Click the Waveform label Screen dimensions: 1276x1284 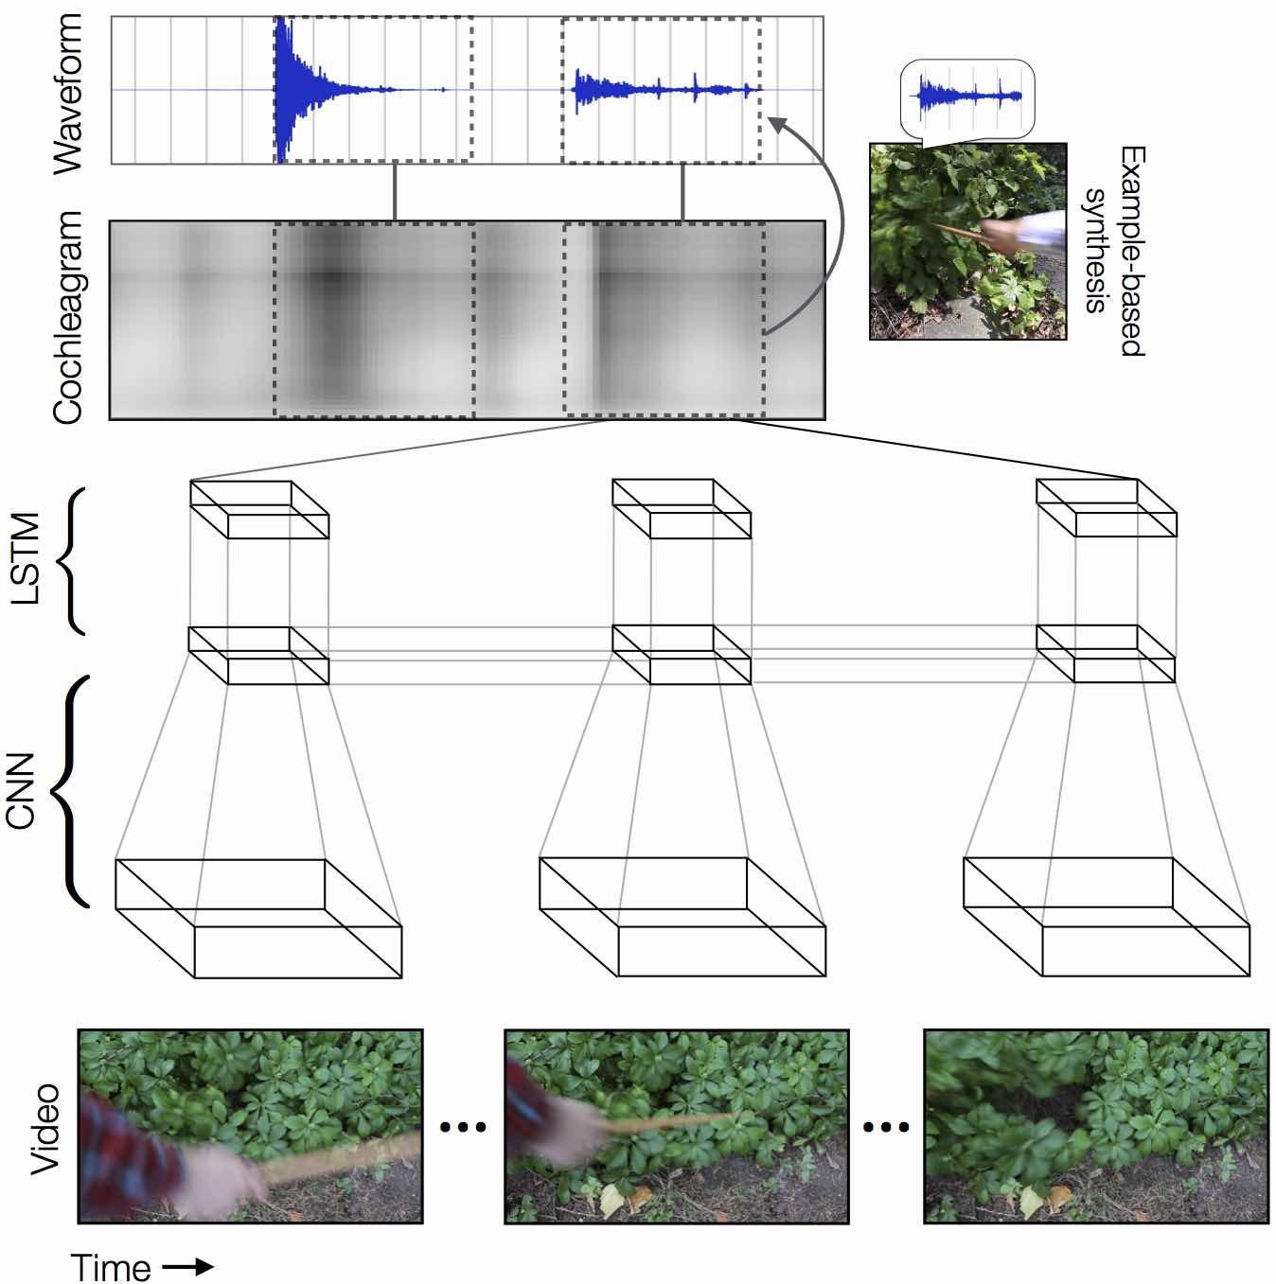68,93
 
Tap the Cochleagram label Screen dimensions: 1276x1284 68,318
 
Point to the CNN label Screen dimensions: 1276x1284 21,791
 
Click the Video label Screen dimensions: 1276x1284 45,1129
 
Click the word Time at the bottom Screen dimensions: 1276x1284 111,1267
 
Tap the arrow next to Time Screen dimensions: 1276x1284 188,1267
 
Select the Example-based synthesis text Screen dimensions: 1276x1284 1114,251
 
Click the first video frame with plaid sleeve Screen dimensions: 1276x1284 250,1126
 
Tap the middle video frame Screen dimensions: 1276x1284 677,1126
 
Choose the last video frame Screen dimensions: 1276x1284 1095,1126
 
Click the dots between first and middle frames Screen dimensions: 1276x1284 464,1126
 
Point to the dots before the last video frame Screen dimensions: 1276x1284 886,1126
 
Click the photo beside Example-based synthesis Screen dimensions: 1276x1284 967,241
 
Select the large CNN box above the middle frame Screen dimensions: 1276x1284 682,917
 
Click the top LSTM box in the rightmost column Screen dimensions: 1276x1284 1106,508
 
